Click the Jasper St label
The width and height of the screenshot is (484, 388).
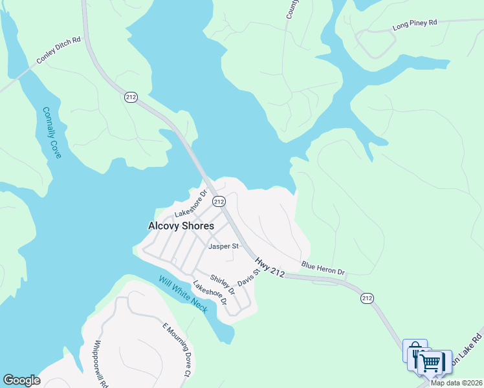pyautogui.click(x=223, y=246)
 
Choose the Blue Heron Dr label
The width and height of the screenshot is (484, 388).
pyautogui.click(x=323, y=267)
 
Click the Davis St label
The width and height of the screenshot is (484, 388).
pyautogui.click(x=248, y=279)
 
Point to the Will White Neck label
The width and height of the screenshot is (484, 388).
pyautogui.click(x=183, y=294)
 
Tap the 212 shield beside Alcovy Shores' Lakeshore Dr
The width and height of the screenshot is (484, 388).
pyautogui.click(x=219, y=201)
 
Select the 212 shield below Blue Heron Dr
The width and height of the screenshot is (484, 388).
pyautogui.click(x=368, y=298)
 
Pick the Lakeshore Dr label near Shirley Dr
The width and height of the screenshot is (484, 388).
pyautogui.click(x=210, y=292)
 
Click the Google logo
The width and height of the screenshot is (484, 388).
pyautogui.click(x=21, y=380)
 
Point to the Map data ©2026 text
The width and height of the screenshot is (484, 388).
pyautogui.click(x=457, y=383)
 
